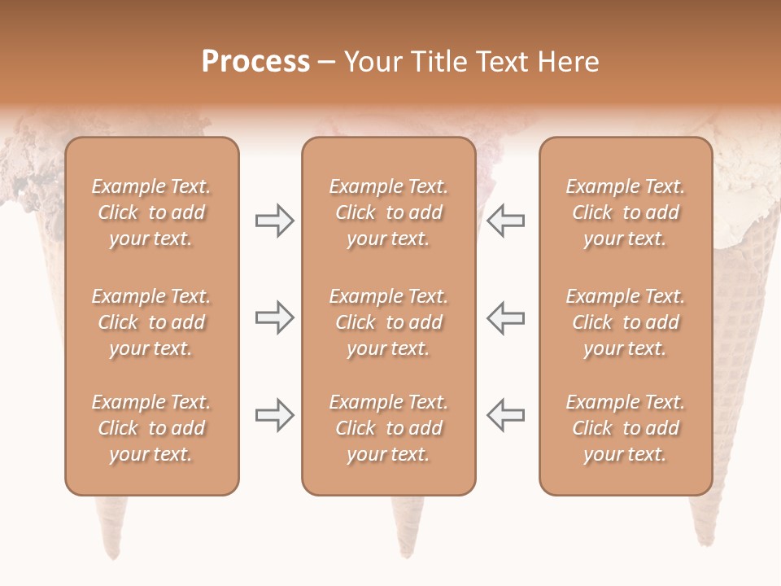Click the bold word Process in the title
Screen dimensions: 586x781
coord(255,62)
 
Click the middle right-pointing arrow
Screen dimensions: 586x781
coord(275,317)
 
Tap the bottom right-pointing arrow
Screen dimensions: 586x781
coord(275,415)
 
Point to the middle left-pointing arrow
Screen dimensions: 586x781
coord(505,317)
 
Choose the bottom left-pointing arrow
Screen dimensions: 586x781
coord(505,415)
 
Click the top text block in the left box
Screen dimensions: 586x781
coord(151,212)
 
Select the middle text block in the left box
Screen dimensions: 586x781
coord(151,322)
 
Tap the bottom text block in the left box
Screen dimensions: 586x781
coord(151,428)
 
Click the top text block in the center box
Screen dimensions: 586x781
coord(388,212)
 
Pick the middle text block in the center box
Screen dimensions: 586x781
coord(388,322)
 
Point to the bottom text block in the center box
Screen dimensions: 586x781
coord(388,428)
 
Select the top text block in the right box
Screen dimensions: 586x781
coord(625,212)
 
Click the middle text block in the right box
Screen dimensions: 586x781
coord(625,322)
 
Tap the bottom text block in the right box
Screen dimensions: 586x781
coord(625,428)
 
